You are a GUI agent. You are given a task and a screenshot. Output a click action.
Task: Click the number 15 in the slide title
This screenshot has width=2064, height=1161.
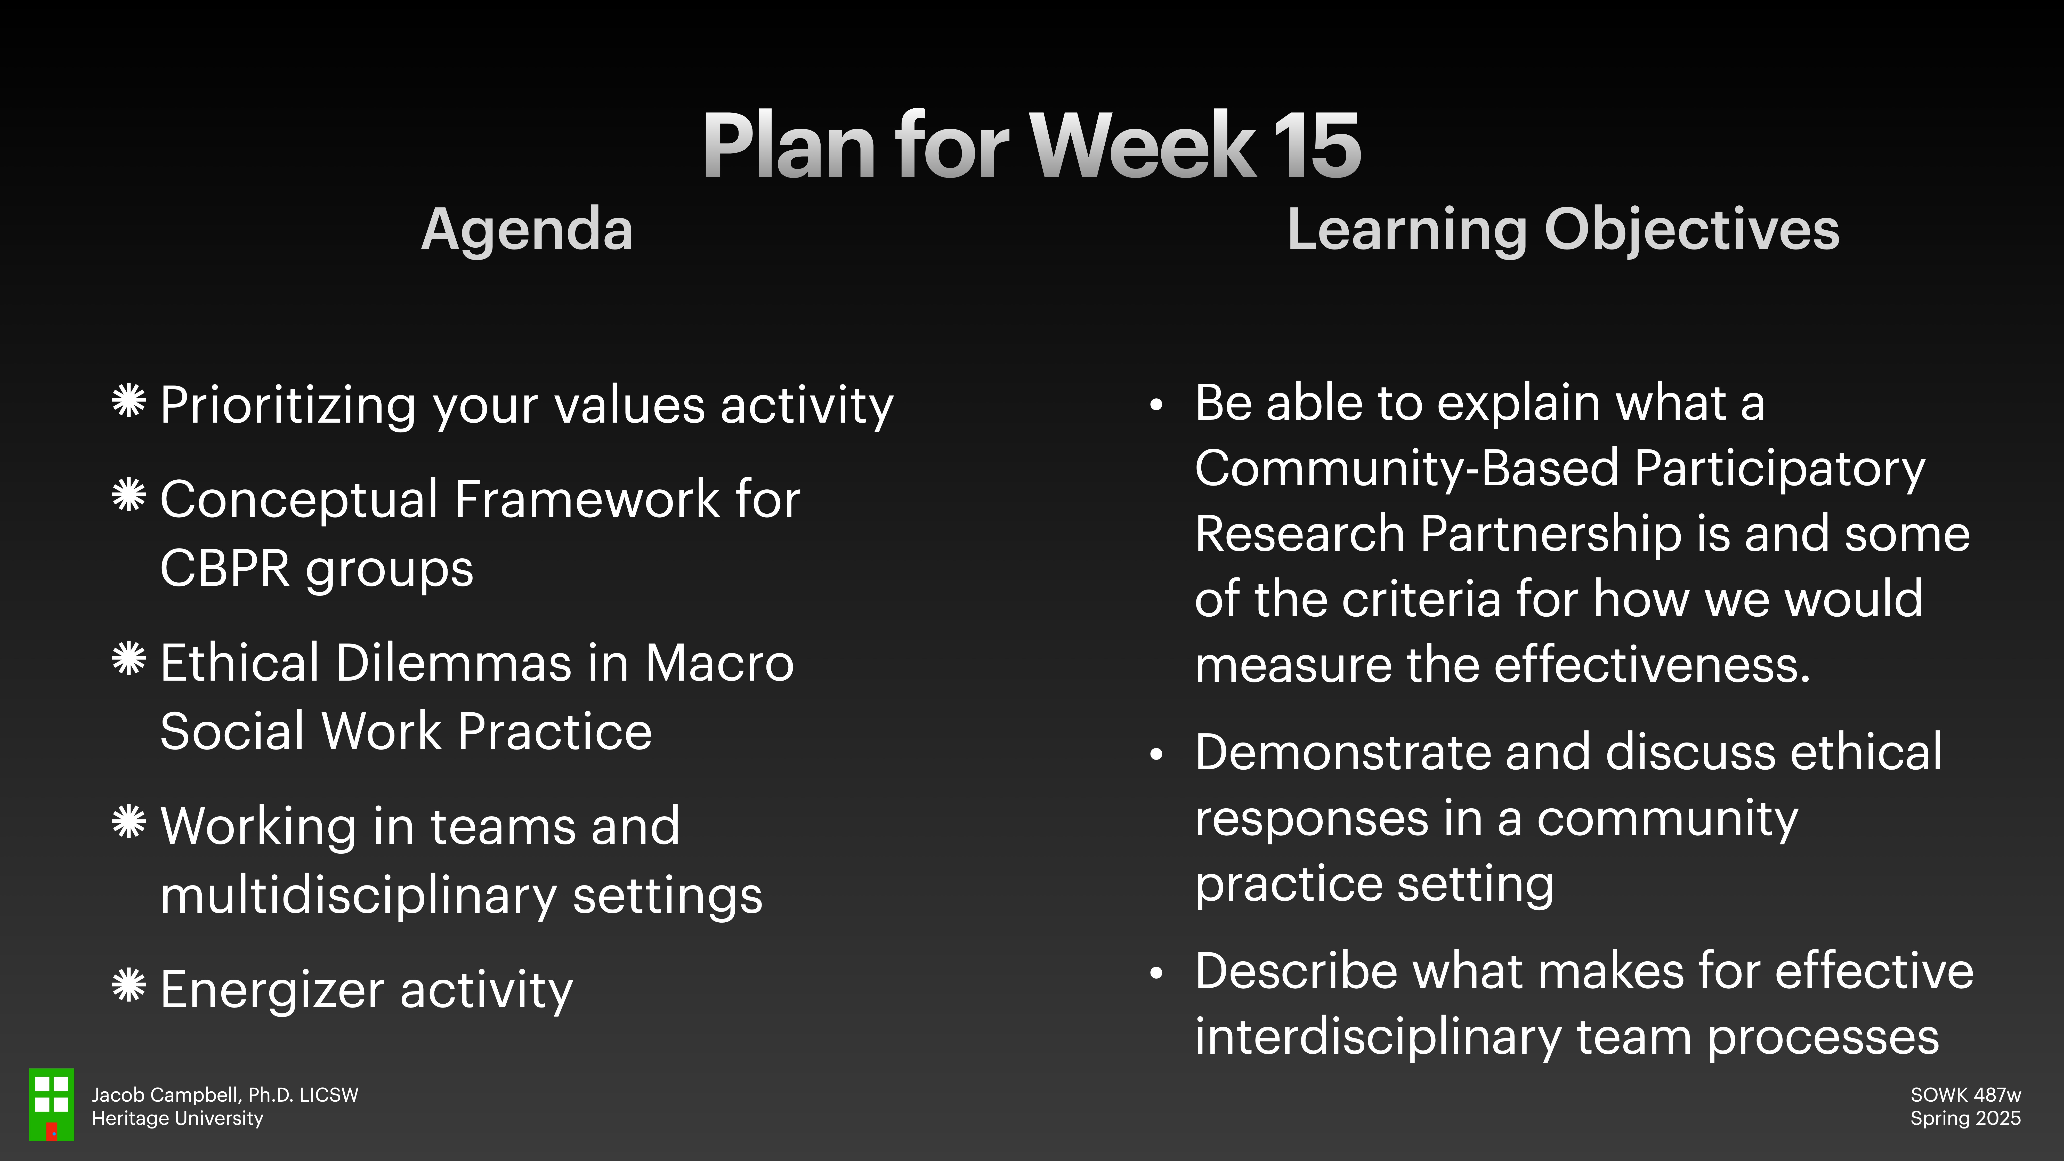(x=1316, y=146)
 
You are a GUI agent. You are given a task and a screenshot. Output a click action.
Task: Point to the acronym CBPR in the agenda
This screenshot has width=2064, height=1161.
(x=224, y=569)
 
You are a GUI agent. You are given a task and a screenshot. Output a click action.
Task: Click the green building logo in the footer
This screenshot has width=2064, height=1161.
(x=51, y=1104)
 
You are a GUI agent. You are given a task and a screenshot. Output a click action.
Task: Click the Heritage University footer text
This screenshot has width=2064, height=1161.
(x=177, y=1118)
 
